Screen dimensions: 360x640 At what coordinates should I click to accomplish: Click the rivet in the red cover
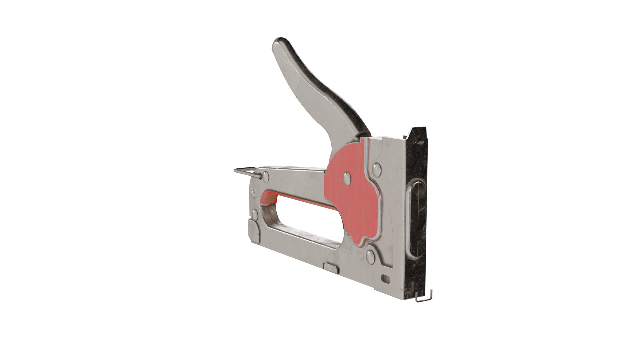pos(347,178)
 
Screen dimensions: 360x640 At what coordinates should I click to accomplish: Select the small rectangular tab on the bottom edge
pos(332,268)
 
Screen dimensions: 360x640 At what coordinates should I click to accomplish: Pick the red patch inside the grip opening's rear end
pos(269,199)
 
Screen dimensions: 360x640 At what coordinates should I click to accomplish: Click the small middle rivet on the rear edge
pos(252,194)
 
